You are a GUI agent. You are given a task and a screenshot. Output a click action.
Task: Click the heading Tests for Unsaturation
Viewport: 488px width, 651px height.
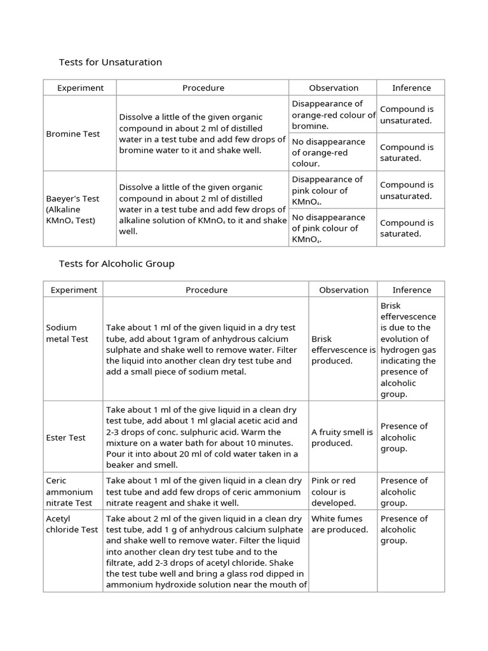[111, 62]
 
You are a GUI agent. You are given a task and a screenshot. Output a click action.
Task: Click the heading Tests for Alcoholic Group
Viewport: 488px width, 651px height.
[116, 263]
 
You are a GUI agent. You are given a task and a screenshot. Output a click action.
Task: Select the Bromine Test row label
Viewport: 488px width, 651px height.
[72, 134]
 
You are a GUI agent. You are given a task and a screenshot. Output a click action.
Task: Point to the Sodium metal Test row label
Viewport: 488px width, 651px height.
[67, 333]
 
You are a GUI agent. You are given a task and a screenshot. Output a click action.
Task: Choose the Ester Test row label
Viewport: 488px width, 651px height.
[66, 437]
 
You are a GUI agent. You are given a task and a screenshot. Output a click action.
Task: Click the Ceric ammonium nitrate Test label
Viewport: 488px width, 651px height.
[70, 491]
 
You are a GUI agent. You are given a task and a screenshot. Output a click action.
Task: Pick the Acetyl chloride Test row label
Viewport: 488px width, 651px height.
[72, 524]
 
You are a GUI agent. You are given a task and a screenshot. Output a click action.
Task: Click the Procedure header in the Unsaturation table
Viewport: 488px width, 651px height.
[203, 88]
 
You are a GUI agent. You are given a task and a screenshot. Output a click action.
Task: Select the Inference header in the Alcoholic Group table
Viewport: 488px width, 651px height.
[411, 290]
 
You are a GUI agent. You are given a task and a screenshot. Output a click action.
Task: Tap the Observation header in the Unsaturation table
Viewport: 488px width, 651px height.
[334, 88]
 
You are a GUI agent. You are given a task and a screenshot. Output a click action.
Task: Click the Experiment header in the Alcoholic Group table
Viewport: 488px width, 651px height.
[74, 290]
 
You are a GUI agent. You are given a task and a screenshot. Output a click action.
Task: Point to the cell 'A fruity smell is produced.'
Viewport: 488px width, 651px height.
[342, 437]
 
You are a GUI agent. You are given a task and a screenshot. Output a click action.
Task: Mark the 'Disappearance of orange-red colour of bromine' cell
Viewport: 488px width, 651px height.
[334, 114]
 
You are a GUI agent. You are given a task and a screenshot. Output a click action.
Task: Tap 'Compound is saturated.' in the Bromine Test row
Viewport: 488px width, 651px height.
[407, 153]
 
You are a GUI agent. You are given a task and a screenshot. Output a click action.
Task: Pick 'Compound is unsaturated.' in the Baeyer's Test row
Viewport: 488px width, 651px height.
[407, 190]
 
